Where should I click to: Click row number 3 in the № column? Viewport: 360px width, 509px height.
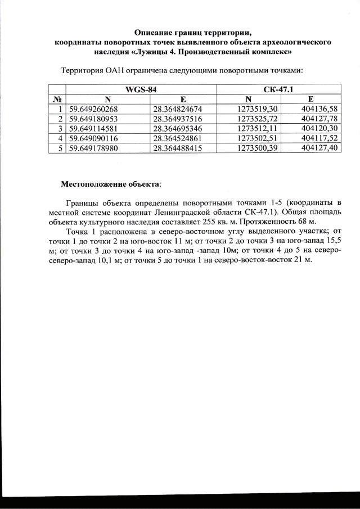click(x=60, y=128)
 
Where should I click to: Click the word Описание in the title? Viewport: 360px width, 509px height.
click(x=152, y=31)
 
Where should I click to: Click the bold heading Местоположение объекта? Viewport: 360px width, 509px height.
click(x=110, y=183)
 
